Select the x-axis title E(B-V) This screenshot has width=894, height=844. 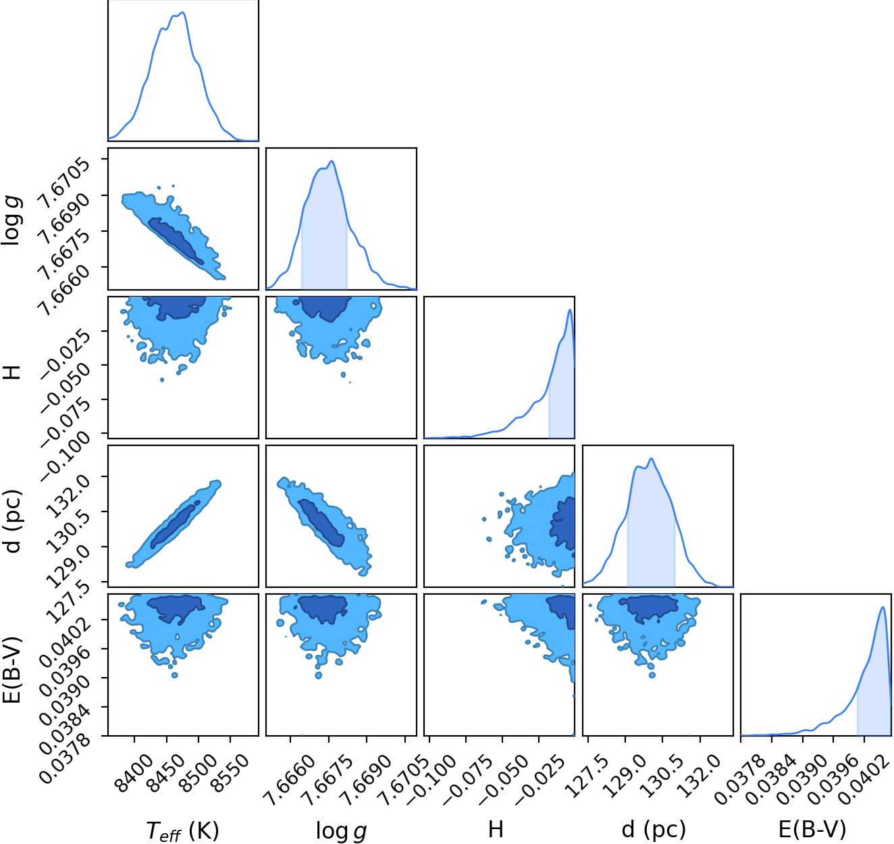coord(812,828)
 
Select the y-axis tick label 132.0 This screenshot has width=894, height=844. coord(65,499)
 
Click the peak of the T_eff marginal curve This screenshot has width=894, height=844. coord(183,12)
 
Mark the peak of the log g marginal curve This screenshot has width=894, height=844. coord(332,161)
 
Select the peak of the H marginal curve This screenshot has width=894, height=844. coord(570,309)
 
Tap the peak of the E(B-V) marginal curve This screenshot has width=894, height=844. coord(883,607)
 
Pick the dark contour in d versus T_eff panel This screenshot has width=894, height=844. coord(174,526)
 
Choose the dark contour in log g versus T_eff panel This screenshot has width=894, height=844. coord(176,240)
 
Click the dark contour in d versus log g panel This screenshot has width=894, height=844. coord(321,523)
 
